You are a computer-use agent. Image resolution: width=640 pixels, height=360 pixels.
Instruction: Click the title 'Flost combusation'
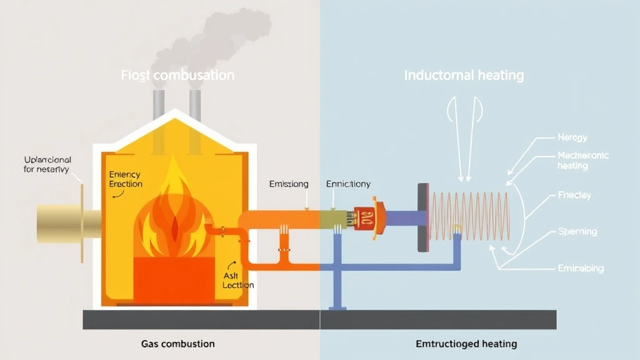pos(178,76)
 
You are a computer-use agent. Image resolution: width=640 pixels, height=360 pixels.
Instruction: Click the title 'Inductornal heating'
pos(464,76)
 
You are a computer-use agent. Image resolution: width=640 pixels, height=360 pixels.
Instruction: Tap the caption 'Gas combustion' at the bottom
pos(177,344)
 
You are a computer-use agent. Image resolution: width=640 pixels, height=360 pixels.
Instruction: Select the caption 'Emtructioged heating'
pos(466,344)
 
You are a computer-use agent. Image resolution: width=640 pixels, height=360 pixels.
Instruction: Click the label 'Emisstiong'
pos(289,184)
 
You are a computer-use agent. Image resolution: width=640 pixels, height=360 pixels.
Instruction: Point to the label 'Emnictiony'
pos(348,184)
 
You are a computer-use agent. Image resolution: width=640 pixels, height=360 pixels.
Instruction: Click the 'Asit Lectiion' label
pos(238,280)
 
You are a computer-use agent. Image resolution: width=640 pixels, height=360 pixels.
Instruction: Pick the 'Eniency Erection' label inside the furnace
pos(125,179)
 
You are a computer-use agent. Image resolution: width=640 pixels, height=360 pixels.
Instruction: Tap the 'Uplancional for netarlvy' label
pos(47,164)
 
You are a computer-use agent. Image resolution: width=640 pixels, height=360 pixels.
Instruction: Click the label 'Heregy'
pos(572,137)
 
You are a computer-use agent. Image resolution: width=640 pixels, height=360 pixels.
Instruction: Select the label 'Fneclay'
pos(574,195)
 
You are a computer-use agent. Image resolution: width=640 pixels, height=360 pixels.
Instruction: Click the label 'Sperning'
pos(577,231)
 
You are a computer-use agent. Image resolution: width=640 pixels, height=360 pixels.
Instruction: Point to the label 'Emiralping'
pos(580,269)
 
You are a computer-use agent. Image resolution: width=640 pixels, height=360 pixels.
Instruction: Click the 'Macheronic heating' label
pos(582,161)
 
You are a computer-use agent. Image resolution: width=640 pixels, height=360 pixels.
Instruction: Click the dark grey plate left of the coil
pos(423,217)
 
